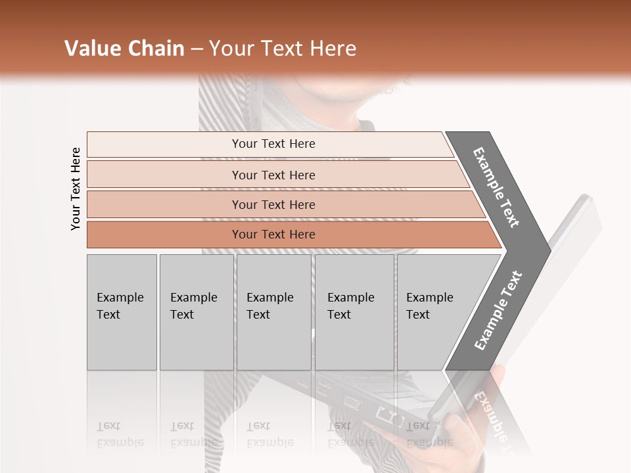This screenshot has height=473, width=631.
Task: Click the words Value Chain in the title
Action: tap(124, 49)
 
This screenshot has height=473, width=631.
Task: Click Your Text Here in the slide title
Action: tap(283, 49)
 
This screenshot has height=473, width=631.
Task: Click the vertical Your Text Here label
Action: tap(76, 189)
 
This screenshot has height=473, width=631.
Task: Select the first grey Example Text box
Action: tap(122, 311)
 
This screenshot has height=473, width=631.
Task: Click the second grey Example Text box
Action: tap(196, 311)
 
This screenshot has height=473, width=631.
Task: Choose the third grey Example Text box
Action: tap(273, 311)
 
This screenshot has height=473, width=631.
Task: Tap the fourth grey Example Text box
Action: tap(354, 311)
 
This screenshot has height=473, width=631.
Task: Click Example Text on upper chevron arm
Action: tap(496, 187)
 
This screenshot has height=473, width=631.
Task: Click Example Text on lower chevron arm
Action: tap(498, 310)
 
